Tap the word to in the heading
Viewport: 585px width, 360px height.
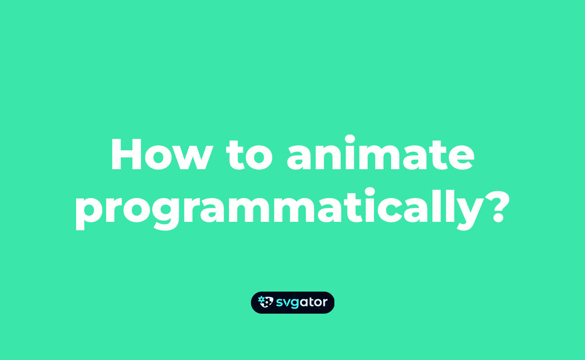249,155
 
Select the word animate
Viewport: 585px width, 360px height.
381,153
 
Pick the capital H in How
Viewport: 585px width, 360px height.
126,154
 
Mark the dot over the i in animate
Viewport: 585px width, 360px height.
350,139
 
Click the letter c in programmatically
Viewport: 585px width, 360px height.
389,210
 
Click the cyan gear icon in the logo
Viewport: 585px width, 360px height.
261,299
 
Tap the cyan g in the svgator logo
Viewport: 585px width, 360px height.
295,304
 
